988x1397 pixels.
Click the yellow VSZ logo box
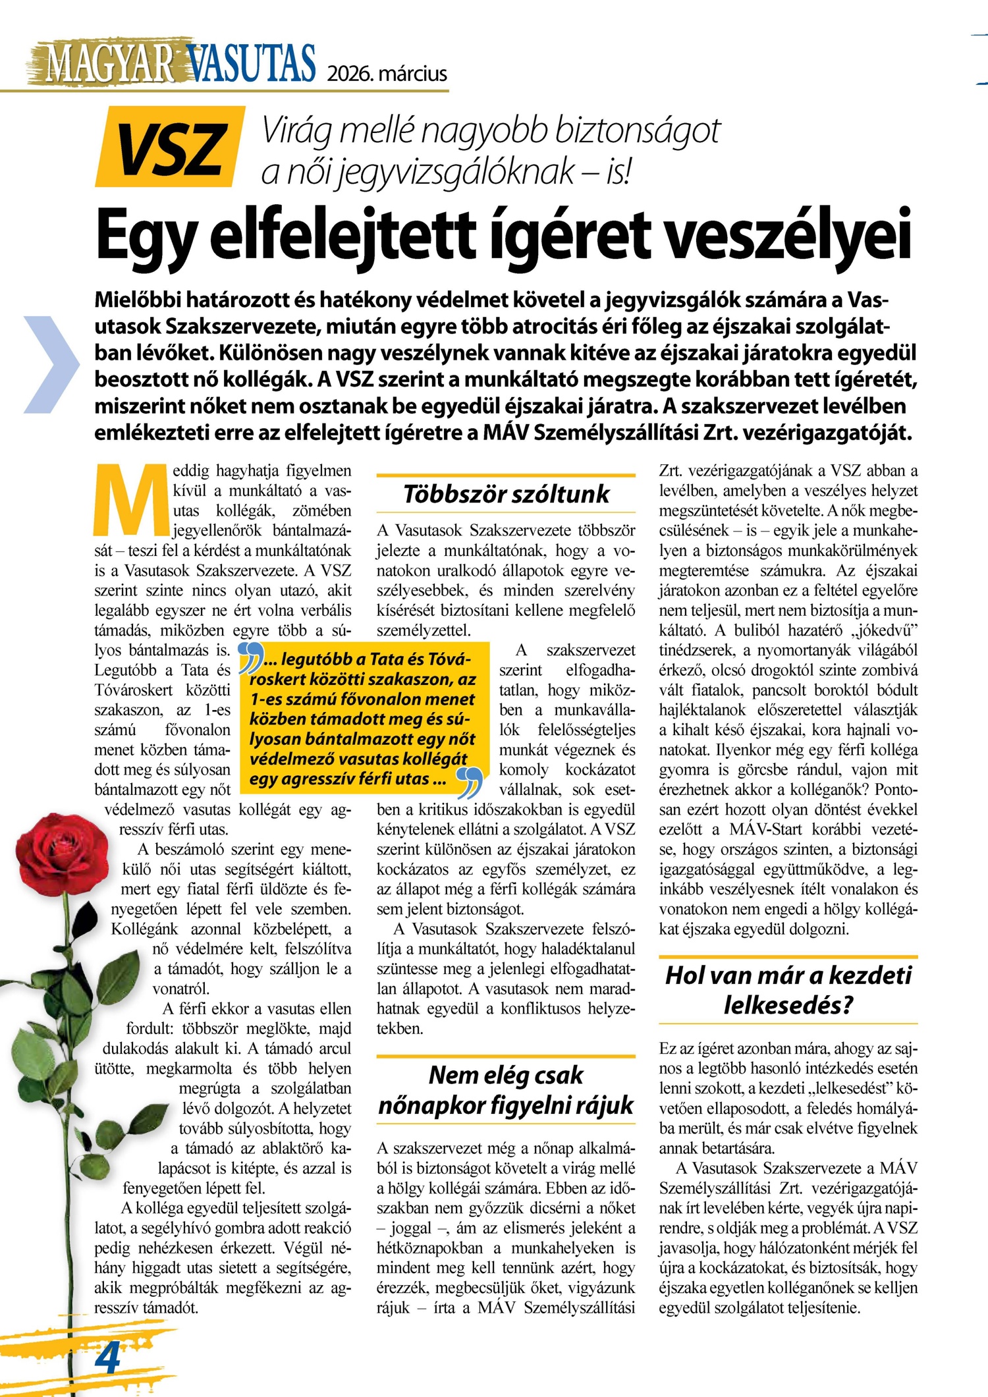170,147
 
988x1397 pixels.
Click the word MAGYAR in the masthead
109,64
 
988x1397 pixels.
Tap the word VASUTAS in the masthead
250,64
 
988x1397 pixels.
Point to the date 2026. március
387,73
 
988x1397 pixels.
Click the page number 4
107,1356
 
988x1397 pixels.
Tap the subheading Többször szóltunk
506,493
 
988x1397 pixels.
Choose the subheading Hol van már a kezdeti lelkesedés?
788,990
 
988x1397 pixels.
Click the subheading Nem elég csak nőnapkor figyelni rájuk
506,1090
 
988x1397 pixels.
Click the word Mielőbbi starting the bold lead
136,300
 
